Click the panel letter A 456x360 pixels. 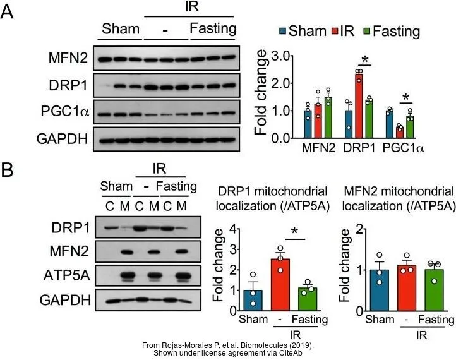[8, 13]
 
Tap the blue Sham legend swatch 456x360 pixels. [283, 31]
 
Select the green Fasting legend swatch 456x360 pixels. [365, 31]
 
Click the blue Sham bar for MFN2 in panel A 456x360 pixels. [308, 124]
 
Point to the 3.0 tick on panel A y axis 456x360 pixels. [280, 56]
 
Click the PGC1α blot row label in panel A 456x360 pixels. [68, 114]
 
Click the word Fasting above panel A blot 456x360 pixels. [213, 29]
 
